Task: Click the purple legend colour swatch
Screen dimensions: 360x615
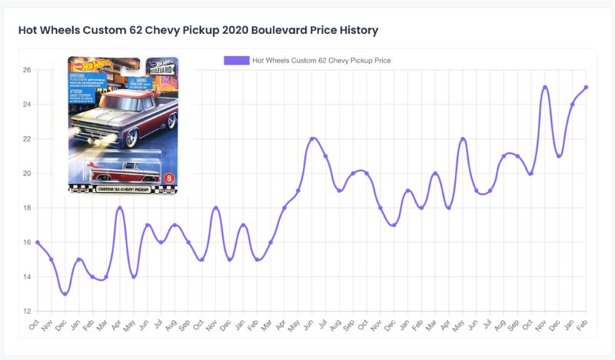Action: click(236, 60)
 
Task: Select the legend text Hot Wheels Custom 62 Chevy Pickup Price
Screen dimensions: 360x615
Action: click(321, 60)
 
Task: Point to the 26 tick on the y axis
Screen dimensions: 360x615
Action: click(26, 70)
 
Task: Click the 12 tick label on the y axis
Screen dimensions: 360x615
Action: click(26, 312)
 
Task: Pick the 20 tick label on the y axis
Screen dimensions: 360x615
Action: click(26, 173)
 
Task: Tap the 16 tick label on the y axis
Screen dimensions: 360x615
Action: click(26, 242)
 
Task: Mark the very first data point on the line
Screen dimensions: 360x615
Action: click(38, 242)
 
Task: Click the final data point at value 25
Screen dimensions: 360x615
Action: click(586, 87)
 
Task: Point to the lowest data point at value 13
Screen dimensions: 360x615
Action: click(65, 294)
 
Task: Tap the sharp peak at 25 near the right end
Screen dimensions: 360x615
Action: click(545, 87)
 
